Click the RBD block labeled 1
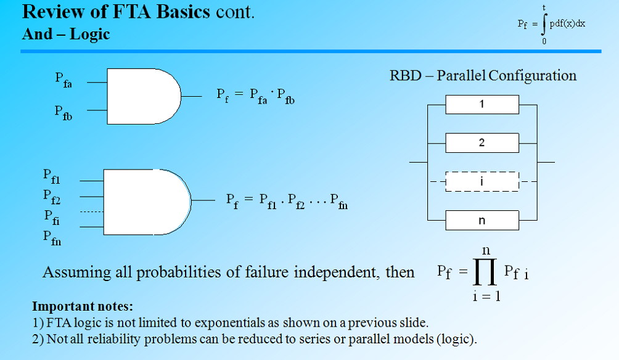click(482, 105)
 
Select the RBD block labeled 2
click(482, 143)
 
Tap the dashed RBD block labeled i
click(482, 182)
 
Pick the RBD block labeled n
click(482, 220)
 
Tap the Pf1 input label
click(52, 177)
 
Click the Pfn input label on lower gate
click(52, 237)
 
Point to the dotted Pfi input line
click(92, 212)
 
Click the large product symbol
click(483, 271)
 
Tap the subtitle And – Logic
click(66, 34)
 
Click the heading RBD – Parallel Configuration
click(483, 76)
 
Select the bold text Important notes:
click(83, 306)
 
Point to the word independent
click(326, 272)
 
